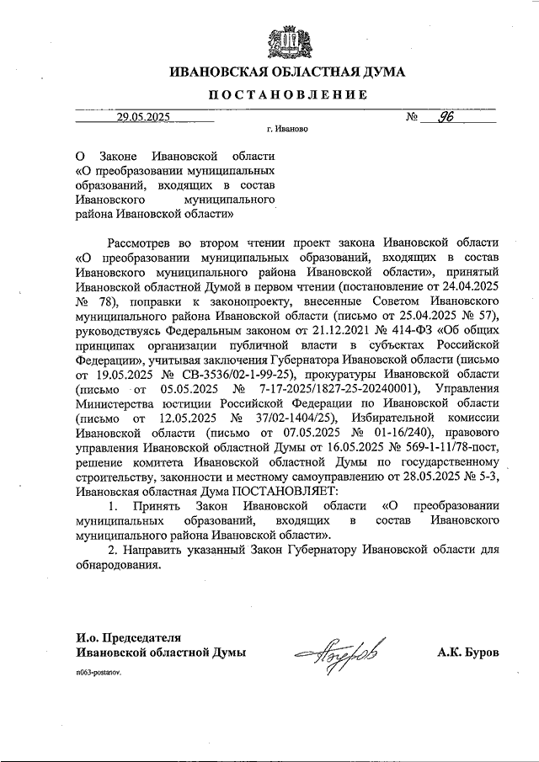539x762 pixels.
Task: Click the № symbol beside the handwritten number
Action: [413, 119]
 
